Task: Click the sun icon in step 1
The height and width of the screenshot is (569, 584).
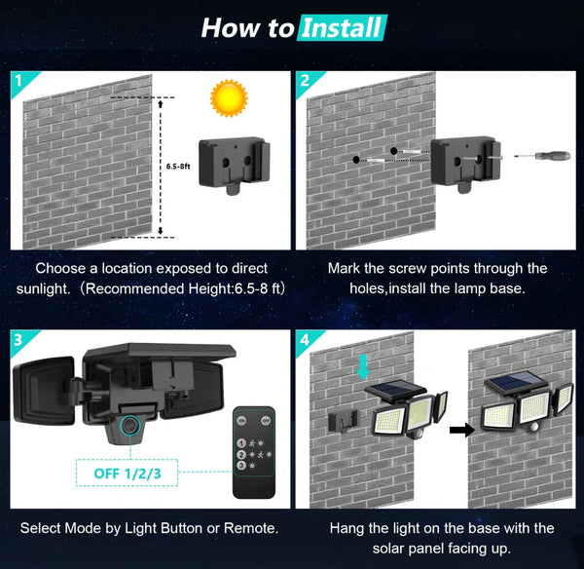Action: click(229, 97)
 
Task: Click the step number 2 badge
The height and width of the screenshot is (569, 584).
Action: click(307, 80)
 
